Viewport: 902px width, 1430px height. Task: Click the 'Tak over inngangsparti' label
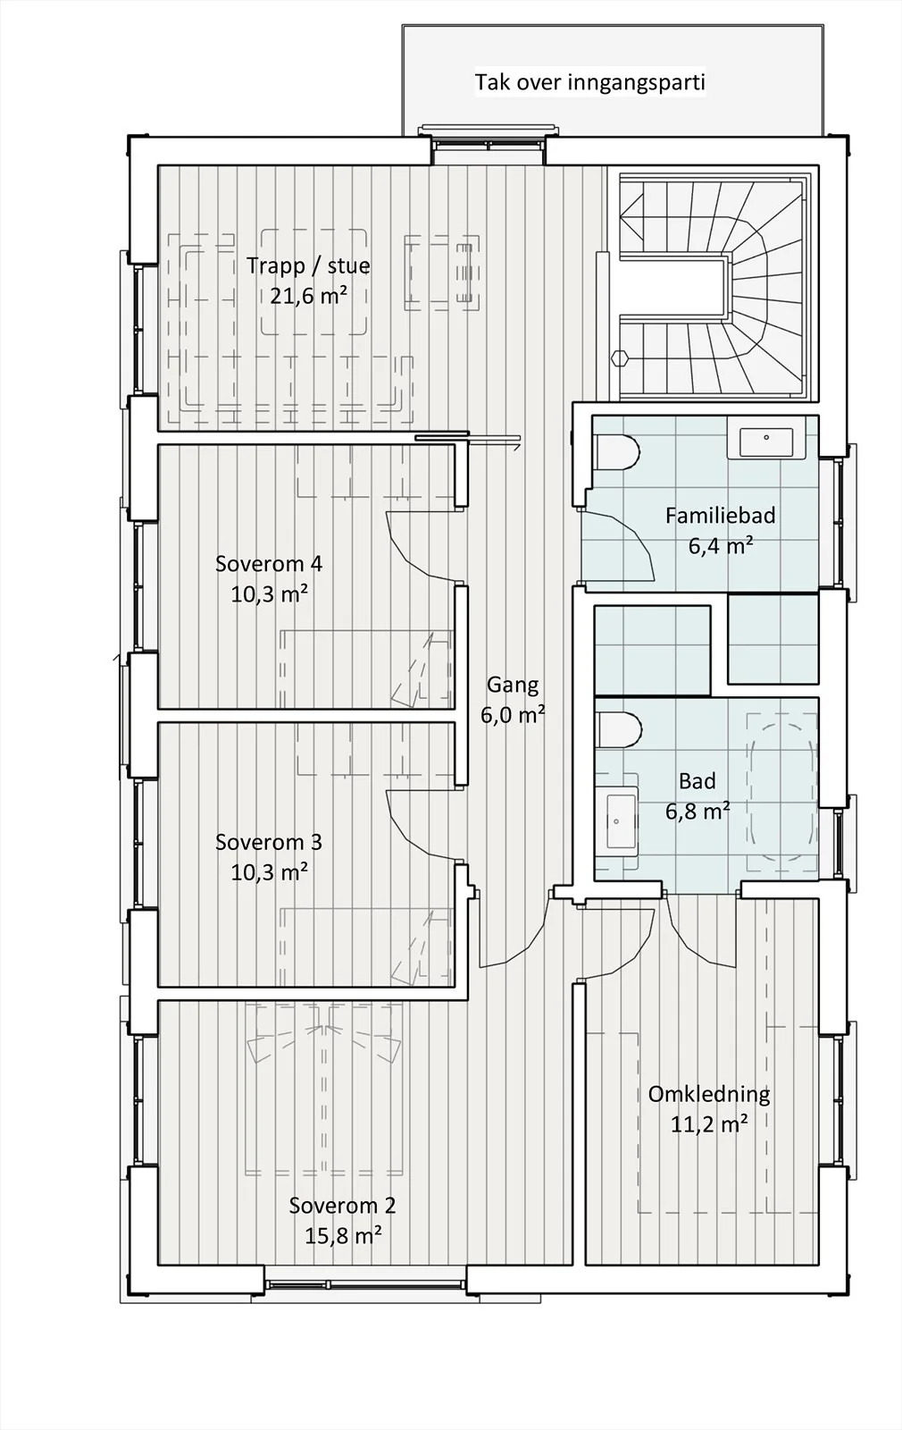[589, 83]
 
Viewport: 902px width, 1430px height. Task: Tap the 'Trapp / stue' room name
[308, 265]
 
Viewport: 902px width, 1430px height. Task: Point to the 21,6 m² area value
[309, 296]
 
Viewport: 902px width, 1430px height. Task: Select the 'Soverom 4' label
[269, 564]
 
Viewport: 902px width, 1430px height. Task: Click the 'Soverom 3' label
[269, 842]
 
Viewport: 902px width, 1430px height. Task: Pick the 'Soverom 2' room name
[343, 1206]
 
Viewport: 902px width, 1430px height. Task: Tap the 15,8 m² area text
[343, 1236]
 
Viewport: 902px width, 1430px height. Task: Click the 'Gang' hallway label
[513, 685]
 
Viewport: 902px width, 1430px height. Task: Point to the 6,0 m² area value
[513, 715]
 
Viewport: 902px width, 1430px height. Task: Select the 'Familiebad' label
[720, 516]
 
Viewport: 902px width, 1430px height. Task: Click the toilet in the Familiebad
[616, 452]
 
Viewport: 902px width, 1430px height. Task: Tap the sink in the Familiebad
[765, 442]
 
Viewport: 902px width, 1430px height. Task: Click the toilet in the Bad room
[619, 729]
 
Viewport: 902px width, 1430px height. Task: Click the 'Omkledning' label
[709, 1094]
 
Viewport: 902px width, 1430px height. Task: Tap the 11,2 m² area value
[709, 1124]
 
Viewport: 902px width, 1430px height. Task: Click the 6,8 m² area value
[697, 812]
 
